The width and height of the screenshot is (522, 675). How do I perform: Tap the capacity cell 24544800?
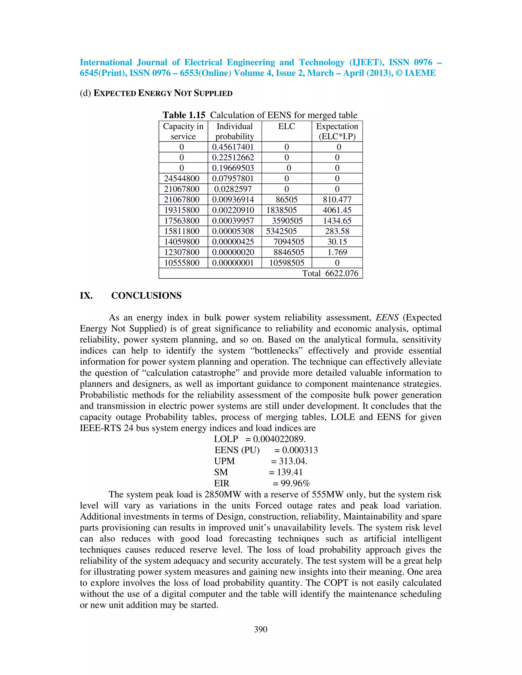(x=181, y=179)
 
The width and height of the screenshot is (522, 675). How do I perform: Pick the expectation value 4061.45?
(x=337, y=210)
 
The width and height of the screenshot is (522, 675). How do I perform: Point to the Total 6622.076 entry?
(x=330, y=273)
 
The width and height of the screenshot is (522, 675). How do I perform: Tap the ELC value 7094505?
(x=289, y=242)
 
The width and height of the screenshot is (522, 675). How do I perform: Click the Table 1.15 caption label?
(x=184, y=115)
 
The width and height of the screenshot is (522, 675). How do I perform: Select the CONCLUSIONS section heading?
(x=146, y=295)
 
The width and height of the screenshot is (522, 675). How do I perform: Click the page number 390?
(x=260, y=629)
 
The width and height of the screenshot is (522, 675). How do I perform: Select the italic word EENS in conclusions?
(x=387, y=317)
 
